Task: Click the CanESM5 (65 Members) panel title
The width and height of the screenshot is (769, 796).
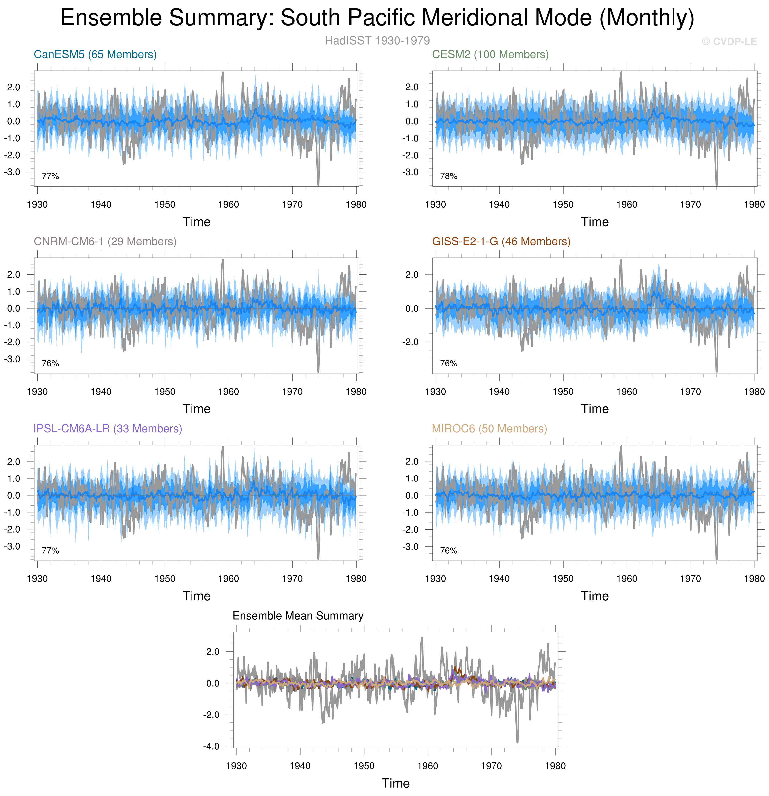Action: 95,54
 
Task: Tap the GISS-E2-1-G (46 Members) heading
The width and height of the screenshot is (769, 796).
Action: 501,242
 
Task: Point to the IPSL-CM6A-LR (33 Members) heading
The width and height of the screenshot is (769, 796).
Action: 108,429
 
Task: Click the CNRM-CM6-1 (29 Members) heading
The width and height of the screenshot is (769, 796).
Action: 105,242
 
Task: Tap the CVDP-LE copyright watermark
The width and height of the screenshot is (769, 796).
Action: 729,41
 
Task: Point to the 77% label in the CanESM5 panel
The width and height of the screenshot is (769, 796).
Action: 50,176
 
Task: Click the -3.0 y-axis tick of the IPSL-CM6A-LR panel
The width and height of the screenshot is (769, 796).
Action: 12,546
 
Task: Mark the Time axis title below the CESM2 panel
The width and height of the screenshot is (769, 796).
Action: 595,222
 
